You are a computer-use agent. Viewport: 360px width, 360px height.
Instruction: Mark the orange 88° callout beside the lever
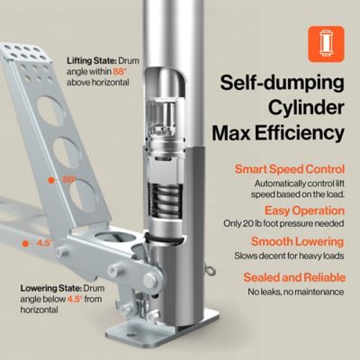[x=68, y=180]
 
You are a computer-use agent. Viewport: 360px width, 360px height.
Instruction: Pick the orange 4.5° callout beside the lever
[x=42, y=243]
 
